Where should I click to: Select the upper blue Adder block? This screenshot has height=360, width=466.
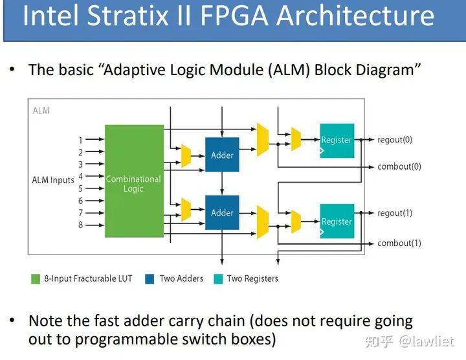pyautogui.click(x=222, y=155)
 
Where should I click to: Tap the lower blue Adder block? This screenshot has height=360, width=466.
pyautogui.click(x=222, y=212)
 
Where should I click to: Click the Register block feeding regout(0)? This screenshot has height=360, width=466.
pyautogui.click(x=337, y=141)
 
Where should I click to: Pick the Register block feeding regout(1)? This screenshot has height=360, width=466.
pyautogui.click(x=337, y=221)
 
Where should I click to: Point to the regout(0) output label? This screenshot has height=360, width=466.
pyautogui.click(x=394, y=139)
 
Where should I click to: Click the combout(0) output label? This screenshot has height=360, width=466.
pyautogui.click(x=399, y=166)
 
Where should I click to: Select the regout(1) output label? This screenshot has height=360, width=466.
pyautogui.click(x=394, y=213)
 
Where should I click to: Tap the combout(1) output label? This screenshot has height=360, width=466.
pyautogui.click(x=399, y=243)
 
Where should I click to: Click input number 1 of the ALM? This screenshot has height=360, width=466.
pyautogui.click(x=81, y=140)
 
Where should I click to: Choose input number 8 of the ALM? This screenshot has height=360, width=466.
pyautogui.click(x=81, y=225)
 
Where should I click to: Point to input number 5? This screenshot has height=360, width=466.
pyautogui.click(x=81, y=188)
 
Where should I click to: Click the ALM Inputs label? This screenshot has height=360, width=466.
pyautogui.click(x=53, y=180)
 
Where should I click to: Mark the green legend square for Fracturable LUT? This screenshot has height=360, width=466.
pyautogui.click(x=36, y=278)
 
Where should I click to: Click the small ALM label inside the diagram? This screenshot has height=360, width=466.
pyautogui.click(x=41, y=111)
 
